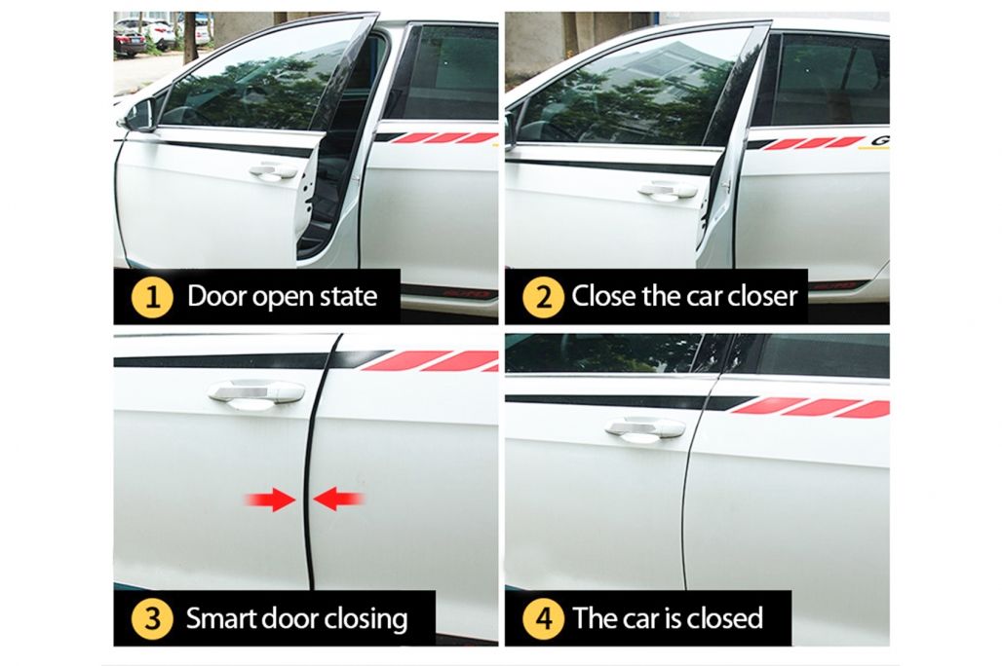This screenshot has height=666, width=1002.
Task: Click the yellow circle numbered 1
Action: pyautogui.click(x=152, y=297)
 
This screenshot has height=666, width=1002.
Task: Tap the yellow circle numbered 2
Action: pyautogui.click(x=543, y=297)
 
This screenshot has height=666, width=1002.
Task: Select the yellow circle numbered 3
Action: pyautogui.click(x=152, y=618)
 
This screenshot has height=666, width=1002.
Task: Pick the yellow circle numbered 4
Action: pyautogui.click(x=543, y=618)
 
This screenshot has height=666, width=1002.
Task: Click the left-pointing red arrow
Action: pyautogui.click(x=338, y=499)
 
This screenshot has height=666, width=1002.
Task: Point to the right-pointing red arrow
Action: pyautogui.click(x=270, y=499)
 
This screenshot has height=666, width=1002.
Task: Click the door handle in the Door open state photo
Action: pyautogui.click(x=274, y=171)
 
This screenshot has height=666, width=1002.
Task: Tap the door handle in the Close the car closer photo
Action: pyautogui.click(x=667, y=190)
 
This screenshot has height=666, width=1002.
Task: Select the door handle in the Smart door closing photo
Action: pyautogui.click(x=257, y=393)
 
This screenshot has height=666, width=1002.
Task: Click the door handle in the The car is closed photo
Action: pyautogui.click(x=645, y=429)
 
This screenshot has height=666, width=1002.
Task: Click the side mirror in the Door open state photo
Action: pyautogui.click(x=137, y=116)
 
